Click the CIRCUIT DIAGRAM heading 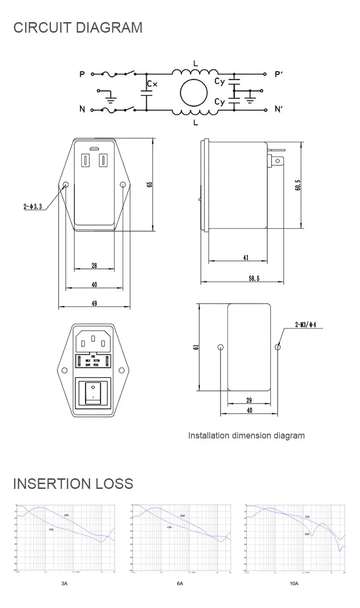tap(78, 27)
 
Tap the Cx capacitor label tap(152, 84)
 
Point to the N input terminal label tap(82, 109)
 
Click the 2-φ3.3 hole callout tap(33, 207)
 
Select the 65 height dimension tap(150, 184)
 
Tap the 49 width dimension tap(94, 303)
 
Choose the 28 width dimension tap(94, 266)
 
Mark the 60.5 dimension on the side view tap(298, 185)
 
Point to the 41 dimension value tap(246, 258)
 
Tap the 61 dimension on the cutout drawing tap(195, 347)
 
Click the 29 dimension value tap(249, 400)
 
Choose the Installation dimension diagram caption tap(246, 436)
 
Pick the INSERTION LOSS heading tap(73, 484)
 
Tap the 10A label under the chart tap(294, 584)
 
